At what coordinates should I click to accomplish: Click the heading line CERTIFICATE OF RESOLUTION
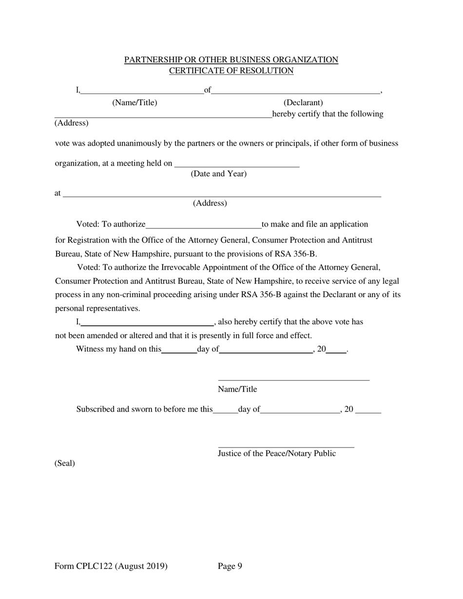tap(231, 71)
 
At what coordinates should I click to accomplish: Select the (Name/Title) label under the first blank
tap(135, 103)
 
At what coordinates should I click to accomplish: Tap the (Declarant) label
tap(303, 103)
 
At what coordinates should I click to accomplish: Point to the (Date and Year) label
tap(219, 174)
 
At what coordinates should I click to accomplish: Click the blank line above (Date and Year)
tap(236, 166)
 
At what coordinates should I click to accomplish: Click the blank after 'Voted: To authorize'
tap(203, 226)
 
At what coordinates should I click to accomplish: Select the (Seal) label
tap(64, 463)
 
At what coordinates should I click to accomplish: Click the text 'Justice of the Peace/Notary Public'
tap(276, 453)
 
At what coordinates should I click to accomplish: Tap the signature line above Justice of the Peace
tap(286, 446)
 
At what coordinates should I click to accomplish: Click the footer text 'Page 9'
tap(230, 566)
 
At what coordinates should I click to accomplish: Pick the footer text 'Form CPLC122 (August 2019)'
tap(111, 566)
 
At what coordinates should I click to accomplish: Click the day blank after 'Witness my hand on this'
tap(179, 352)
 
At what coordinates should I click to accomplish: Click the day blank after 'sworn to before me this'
tap(225, 412)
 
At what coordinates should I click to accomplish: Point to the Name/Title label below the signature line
tap(237, 389)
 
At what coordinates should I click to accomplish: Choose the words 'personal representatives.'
tap(97, 308)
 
